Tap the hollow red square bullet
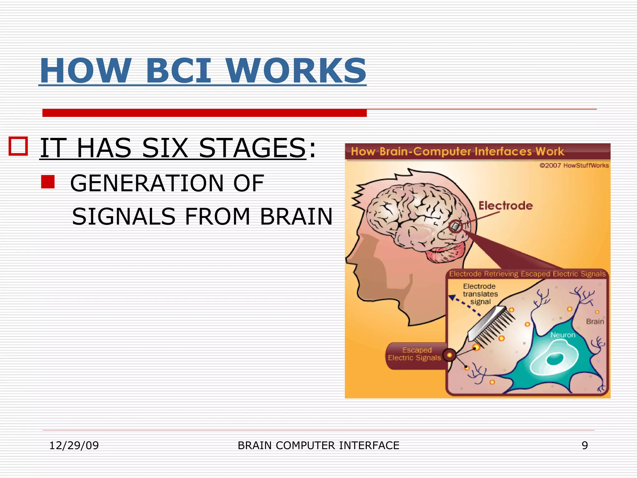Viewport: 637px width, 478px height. (18, 146)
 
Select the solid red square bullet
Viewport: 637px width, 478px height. (48, 182)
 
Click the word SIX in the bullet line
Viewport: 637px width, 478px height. (165, 148)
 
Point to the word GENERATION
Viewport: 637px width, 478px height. (146, 183)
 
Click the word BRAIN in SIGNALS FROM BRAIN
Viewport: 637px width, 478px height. (296, 217)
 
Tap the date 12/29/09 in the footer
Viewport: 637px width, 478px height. (74, 445)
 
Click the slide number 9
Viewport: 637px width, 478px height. (585, 445)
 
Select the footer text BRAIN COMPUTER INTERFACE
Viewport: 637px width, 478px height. (318, 445)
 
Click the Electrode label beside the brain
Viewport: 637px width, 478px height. (505, 206)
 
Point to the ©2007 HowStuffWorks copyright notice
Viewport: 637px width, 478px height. (574, 166)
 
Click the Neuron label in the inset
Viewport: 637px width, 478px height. (563, 335)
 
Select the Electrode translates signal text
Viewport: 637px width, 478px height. (480, 294)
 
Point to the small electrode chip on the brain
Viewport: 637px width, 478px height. (456, 226)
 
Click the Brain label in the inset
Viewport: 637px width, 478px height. (595, 321)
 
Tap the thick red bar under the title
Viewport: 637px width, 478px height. (204, 113)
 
